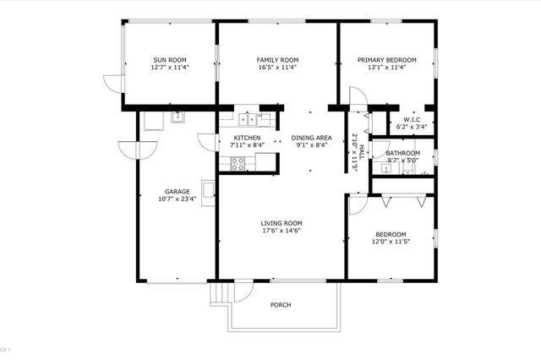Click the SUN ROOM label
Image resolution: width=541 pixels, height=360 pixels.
170,60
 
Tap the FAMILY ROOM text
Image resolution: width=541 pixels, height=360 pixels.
278,60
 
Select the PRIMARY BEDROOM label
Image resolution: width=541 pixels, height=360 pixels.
386,60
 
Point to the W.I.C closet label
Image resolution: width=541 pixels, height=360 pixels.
412,120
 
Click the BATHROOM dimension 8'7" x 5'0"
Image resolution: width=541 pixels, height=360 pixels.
402,160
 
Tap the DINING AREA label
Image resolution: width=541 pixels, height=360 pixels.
311,137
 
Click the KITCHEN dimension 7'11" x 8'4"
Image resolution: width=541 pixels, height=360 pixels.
247,145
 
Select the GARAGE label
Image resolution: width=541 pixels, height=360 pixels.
177,191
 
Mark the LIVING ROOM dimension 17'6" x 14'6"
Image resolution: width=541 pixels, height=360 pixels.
281,231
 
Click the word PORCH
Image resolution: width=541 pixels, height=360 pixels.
281,305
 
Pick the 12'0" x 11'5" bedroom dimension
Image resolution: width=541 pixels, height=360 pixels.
391,242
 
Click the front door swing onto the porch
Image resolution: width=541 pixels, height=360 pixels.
243,292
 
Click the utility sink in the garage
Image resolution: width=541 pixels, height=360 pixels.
178,118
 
